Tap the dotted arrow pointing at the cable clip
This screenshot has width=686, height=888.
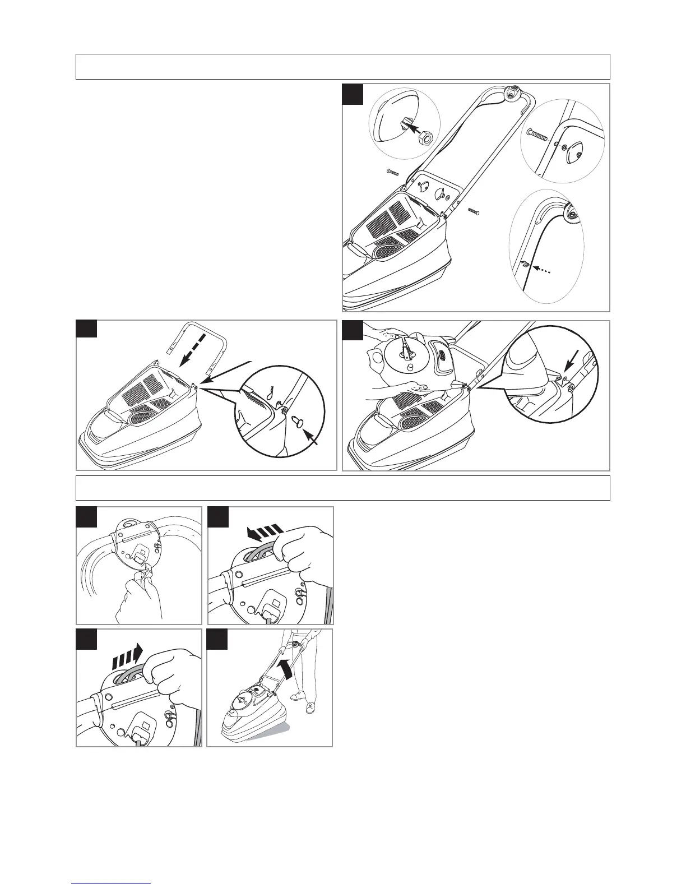(x=543, y=271)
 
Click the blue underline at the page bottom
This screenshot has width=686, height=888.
(x=111, y=884)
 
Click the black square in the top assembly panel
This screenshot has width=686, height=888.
(x=353, y=95)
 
